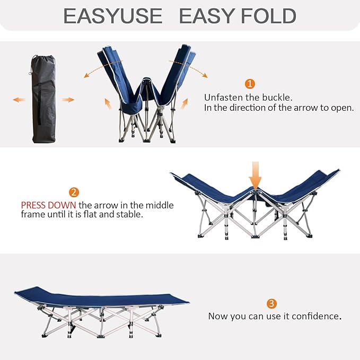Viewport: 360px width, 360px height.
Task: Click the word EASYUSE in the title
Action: click(112, 16)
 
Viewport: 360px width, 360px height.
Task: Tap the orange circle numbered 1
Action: click(250, 84)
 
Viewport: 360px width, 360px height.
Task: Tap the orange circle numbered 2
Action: click(74, 192)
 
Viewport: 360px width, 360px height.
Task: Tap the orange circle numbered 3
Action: click(271, 303)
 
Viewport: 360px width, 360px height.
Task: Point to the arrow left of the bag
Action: click(19, 100)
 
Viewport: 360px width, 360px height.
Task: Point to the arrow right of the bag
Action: click(68, 100)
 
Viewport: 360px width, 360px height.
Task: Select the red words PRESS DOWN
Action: click(49, 205)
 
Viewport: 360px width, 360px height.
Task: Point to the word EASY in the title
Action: click(205, 16)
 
